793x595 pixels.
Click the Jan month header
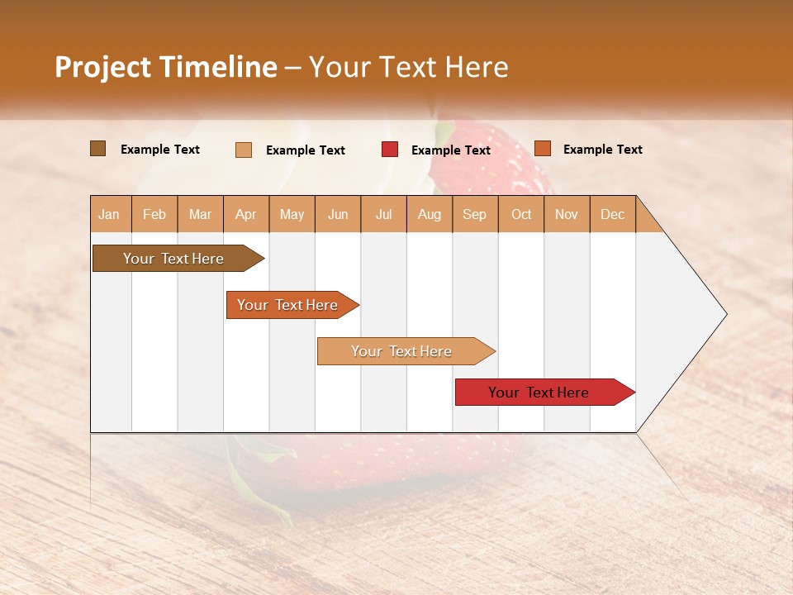(109, 214)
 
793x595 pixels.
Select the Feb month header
(154, 214)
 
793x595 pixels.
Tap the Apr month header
(245, 214)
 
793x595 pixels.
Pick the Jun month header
(338, 214)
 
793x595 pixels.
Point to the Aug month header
(429, 214)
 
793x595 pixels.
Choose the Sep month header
(474, 214)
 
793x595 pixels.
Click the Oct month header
(521, 214)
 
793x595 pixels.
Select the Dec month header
(612, 214)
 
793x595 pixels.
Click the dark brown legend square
(98, 149)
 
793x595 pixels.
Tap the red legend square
(390, 150)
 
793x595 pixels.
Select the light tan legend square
(244, 150)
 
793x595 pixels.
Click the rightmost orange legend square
(543, 149)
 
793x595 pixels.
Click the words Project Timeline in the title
(166, 67)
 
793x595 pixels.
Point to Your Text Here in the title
(408, 67)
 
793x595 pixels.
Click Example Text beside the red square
(450, 150)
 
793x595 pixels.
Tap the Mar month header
(200, 214)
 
